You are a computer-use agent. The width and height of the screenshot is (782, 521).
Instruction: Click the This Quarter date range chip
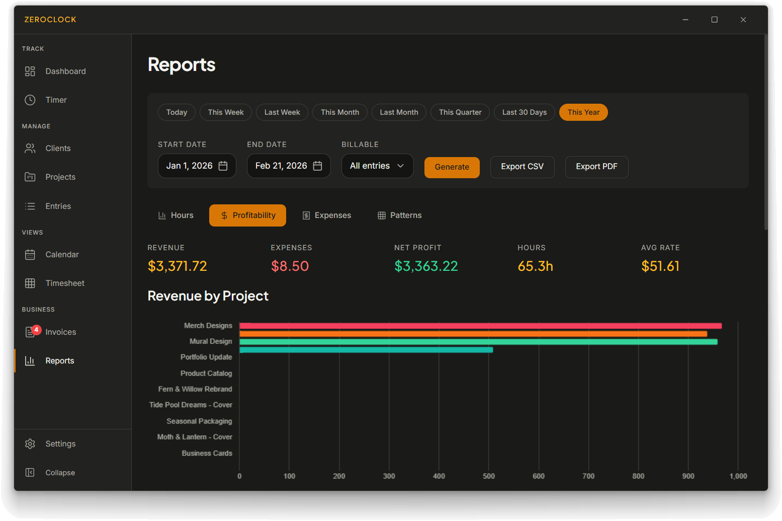pyautogui.click(x=460, y=112)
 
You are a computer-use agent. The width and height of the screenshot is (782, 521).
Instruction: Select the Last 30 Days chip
pyautogui.click(x=524, y=112)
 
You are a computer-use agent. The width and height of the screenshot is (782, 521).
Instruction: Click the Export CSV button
pyautogui.click(x=522, y=167)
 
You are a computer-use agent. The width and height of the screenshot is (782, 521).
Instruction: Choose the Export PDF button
pyautogui.click(x=596, y=167)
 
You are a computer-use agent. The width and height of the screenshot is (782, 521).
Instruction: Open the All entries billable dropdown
pyautogui.click(x=377, y=166)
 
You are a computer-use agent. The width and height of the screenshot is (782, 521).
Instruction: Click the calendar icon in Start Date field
pyautogui.click(x=223, y=166)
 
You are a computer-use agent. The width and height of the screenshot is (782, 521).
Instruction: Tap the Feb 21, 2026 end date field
pyautogui.click(x=288, y=166)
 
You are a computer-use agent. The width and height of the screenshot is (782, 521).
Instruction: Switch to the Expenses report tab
pyautogui.click(x=326, y=215)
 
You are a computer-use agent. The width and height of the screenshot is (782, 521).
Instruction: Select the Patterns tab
pyautogui.click(x=399, y=215)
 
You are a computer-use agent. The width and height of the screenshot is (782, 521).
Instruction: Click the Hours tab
pyautogui.click(x=176, y=215)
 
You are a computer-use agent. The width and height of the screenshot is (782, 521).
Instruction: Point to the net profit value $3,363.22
pyautogui.click(x=426, y=266)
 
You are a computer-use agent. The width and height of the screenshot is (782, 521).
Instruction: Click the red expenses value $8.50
pyautogui.click(x=290, y=266)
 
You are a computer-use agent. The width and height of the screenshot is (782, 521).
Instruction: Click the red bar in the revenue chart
pyautogui.click(x=480, y=326)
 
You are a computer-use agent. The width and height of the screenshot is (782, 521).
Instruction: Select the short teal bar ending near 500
pyautogui.click(x=366, y=350)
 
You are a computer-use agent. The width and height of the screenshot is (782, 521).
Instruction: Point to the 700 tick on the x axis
pyautogui.click(x=588, y=476)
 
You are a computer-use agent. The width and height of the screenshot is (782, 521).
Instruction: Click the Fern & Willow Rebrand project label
pyautogui.click(x=195, y=389)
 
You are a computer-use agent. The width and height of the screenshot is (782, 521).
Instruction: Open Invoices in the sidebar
pyautogui.click(x=60, y=332)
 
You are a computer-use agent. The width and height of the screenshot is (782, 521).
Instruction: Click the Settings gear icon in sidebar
pyautogui.click(x=30, y=444)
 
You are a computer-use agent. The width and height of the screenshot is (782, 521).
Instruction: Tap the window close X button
pyautogui.click(x=743, y=20)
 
